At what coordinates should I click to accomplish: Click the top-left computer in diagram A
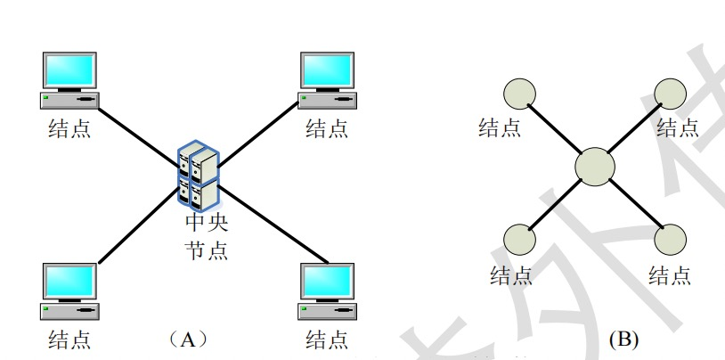(x=69, y=79)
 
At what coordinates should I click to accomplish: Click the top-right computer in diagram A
(x=328, y=79)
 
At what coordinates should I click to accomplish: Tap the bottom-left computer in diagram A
(x=69, y=290)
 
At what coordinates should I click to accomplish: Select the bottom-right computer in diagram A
(x=328, y=290)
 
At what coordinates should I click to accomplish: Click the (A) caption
(x=187, y=339)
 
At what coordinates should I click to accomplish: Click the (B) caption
(x=623, y=339)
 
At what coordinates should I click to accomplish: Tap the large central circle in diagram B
(x=595, y=167)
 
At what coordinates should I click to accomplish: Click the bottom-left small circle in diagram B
(x=520, y=240)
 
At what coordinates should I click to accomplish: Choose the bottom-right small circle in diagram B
(x=670, y=240)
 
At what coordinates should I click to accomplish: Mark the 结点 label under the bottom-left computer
(x=69, y=339)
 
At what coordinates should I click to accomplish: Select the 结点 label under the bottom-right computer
(x=327, y=339)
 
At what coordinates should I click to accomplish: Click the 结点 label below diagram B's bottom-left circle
(x=510, y=274)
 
